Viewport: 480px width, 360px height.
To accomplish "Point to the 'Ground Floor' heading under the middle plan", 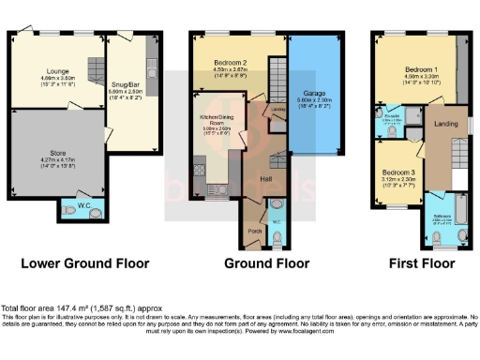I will [250, 264].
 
